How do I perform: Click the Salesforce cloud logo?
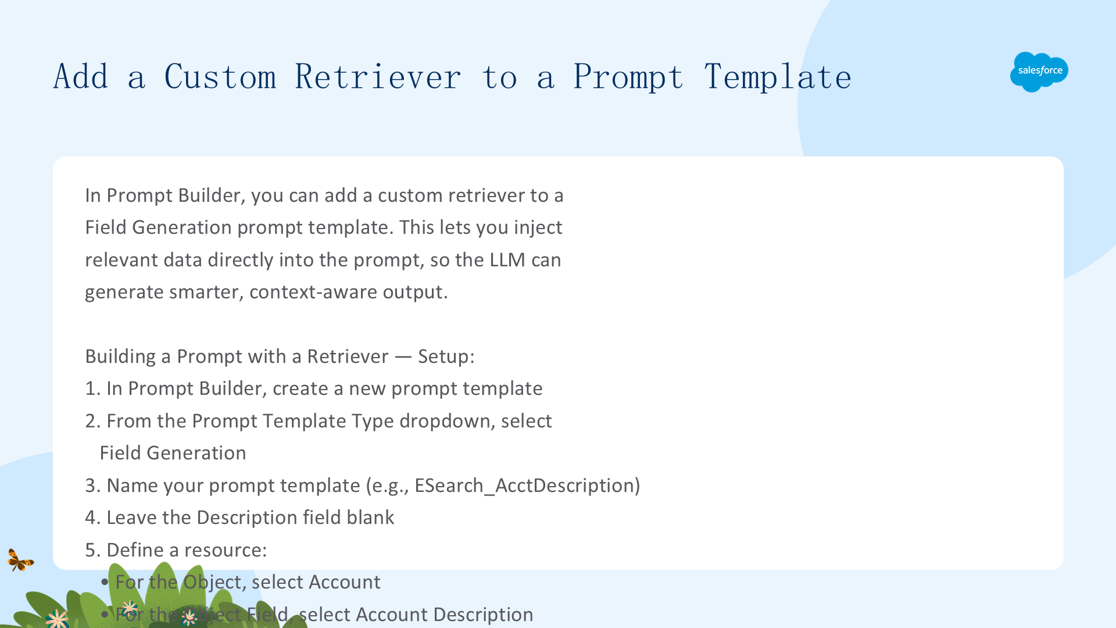[x=1039, y=72]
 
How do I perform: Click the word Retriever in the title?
[x=378, y=77]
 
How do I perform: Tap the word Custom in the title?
[x=220, y=77]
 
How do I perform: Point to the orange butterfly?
[x=20, y=560]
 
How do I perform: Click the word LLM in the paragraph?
[x=507, y=260]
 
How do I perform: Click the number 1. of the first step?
[x=93, y=388]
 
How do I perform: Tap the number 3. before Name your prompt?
[x=93, y=486]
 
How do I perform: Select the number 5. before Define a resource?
[x=93, y=550]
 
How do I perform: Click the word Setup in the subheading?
[x=443, y=357]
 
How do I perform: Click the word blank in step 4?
[x=370, y=518]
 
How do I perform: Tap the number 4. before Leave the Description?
[x=93, y=518]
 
